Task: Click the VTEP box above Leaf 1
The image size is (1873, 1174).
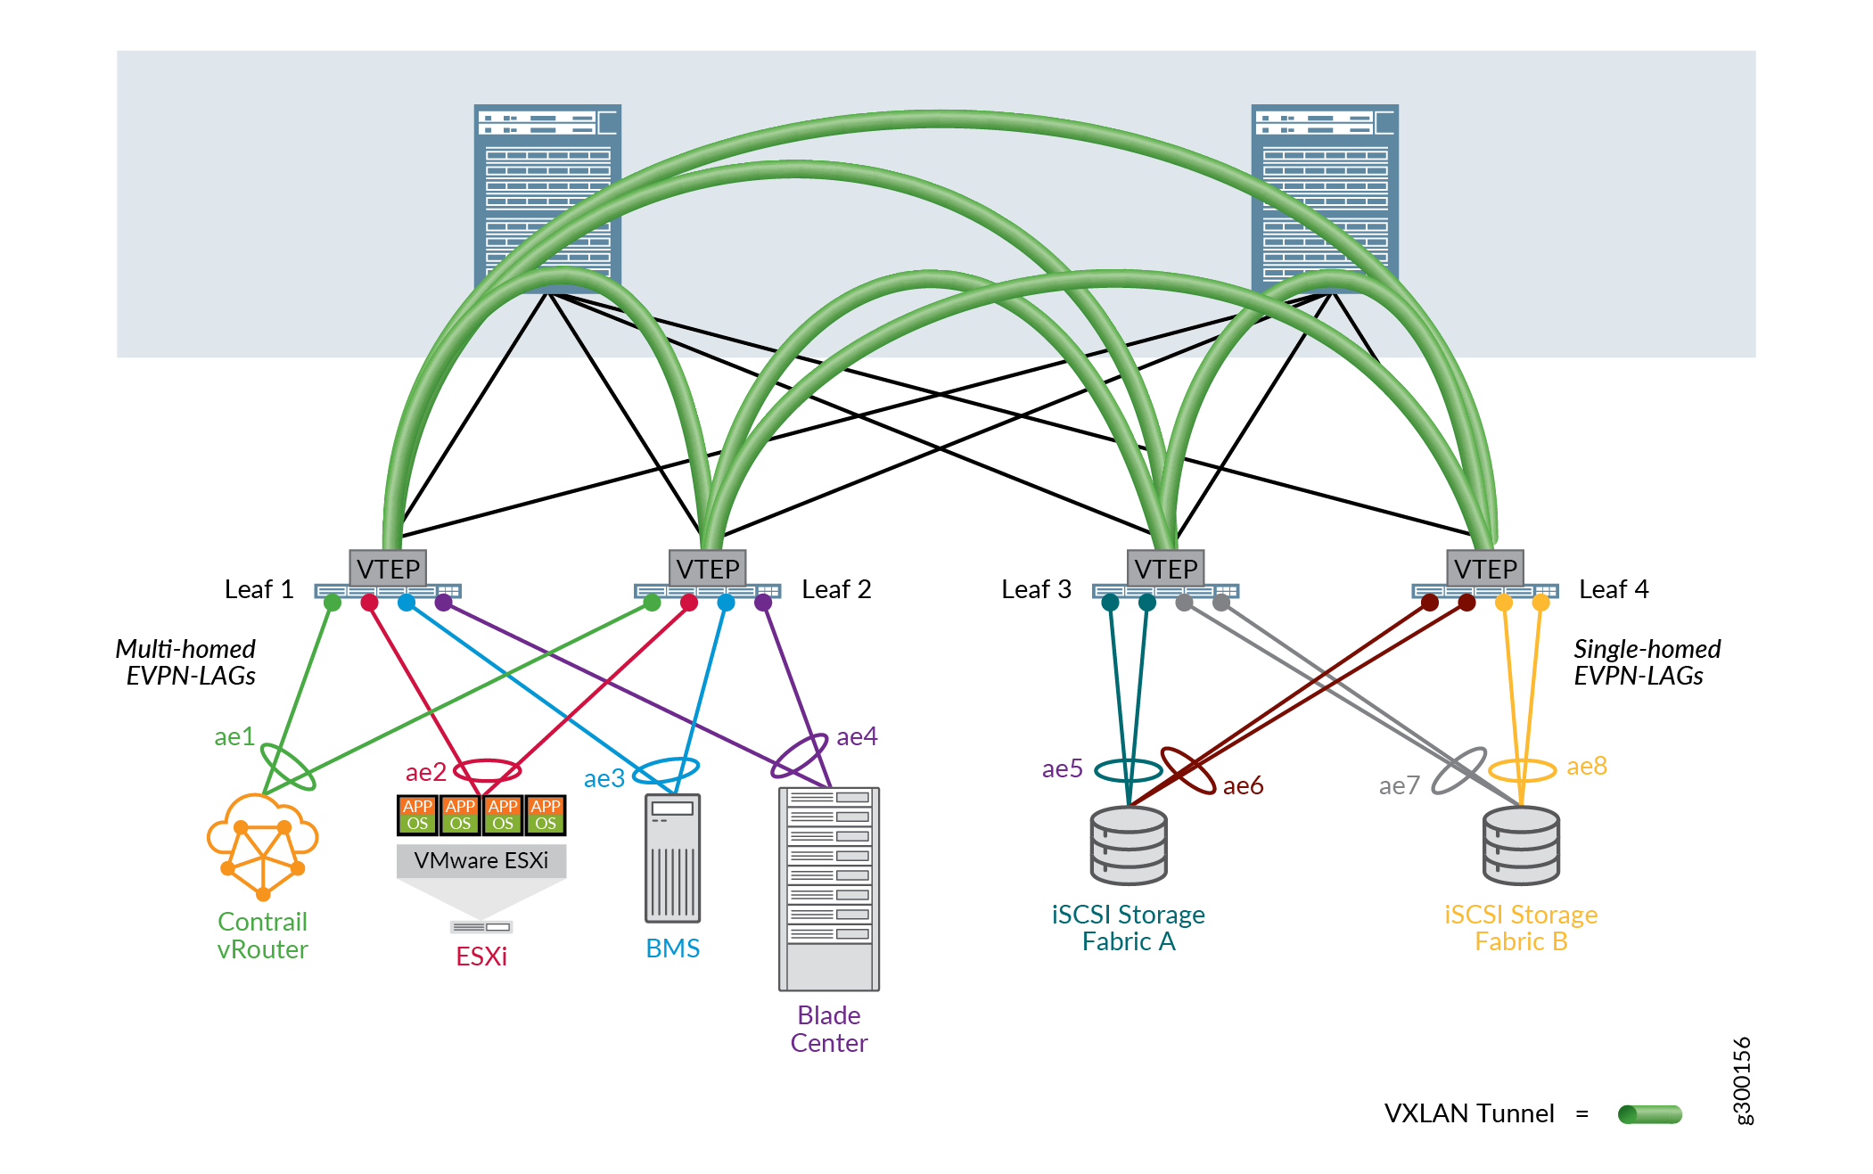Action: coord(388,568)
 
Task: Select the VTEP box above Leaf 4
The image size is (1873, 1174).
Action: coord(1484,568)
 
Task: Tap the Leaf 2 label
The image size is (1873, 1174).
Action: coord(835,589)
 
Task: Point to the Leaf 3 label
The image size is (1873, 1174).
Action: coord(1036,589)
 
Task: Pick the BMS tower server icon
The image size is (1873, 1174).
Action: coord(672,858)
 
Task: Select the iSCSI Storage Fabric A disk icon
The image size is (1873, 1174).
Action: coord(1129,845)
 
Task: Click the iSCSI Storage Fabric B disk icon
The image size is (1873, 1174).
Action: coord(1521,845)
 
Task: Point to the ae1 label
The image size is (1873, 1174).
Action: coord(234,736)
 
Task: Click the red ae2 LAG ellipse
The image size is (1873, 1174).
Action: coord(487,769)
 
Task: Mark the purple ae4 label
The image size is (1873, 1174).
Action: coord(857,736)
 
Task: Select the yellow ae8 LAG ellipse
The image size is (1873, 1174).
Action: coord(1522,769)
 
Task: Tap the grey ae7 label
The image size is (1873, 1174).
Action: coord(1399,785)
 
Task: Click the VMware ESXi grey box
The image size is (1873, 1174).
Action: coord(481,860)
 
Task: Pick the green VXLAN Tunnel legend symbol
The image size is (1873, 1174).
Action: coord(1650,1114)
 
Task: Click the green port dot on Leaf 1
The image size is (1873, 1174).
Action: coord(333,603)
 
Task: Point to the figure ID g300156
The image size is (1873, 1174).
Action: coord(1742,1080)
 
